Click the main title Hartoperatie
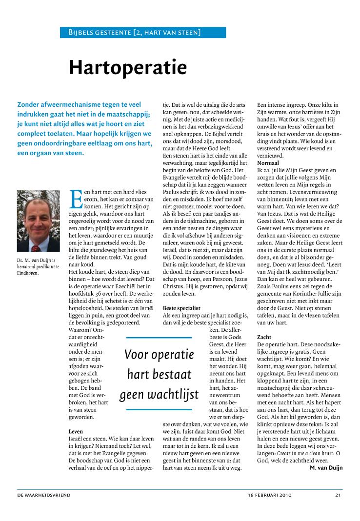click(128, 67)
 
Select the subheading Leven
click(76, 431)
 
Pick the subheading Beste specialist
click(181, 308)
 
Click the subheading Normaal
click(268, 162)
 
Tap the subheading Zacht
click(264, 337)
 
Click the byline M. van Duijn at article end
click(326, 468)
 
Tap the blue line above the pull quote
click(159, 337)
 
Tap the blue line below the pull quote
click(159, 409)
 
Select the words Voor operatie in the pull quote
click(159, 354)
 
